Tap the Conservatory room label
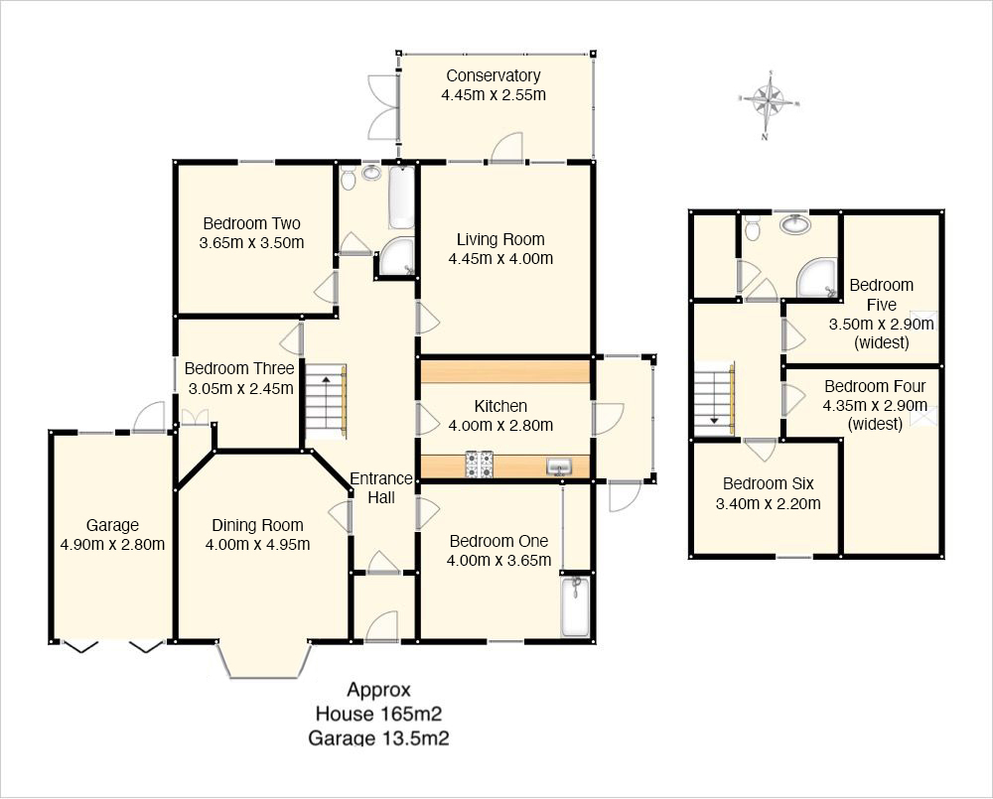[494, 75]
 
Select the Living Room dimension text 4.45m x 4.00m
[500, 258]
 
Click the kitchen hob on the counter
[480, 465]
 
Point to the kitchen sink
[559, 467]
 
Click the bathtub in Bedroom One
[575, 605]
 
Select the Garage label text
[112, 525]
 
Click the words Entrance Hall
[381, 488]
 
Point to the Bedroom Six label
[769, 483]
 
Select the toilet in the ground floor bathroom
[348, 178]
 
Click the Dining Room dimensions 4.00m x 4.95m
[258, 544]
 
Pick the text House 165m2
[378, 715]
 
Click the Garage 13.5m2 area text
[378, 738]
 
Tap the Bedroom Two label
[251, 223]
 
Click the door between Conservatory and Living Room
[506, 148]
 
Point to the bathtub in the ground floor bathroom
[401, 197]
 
